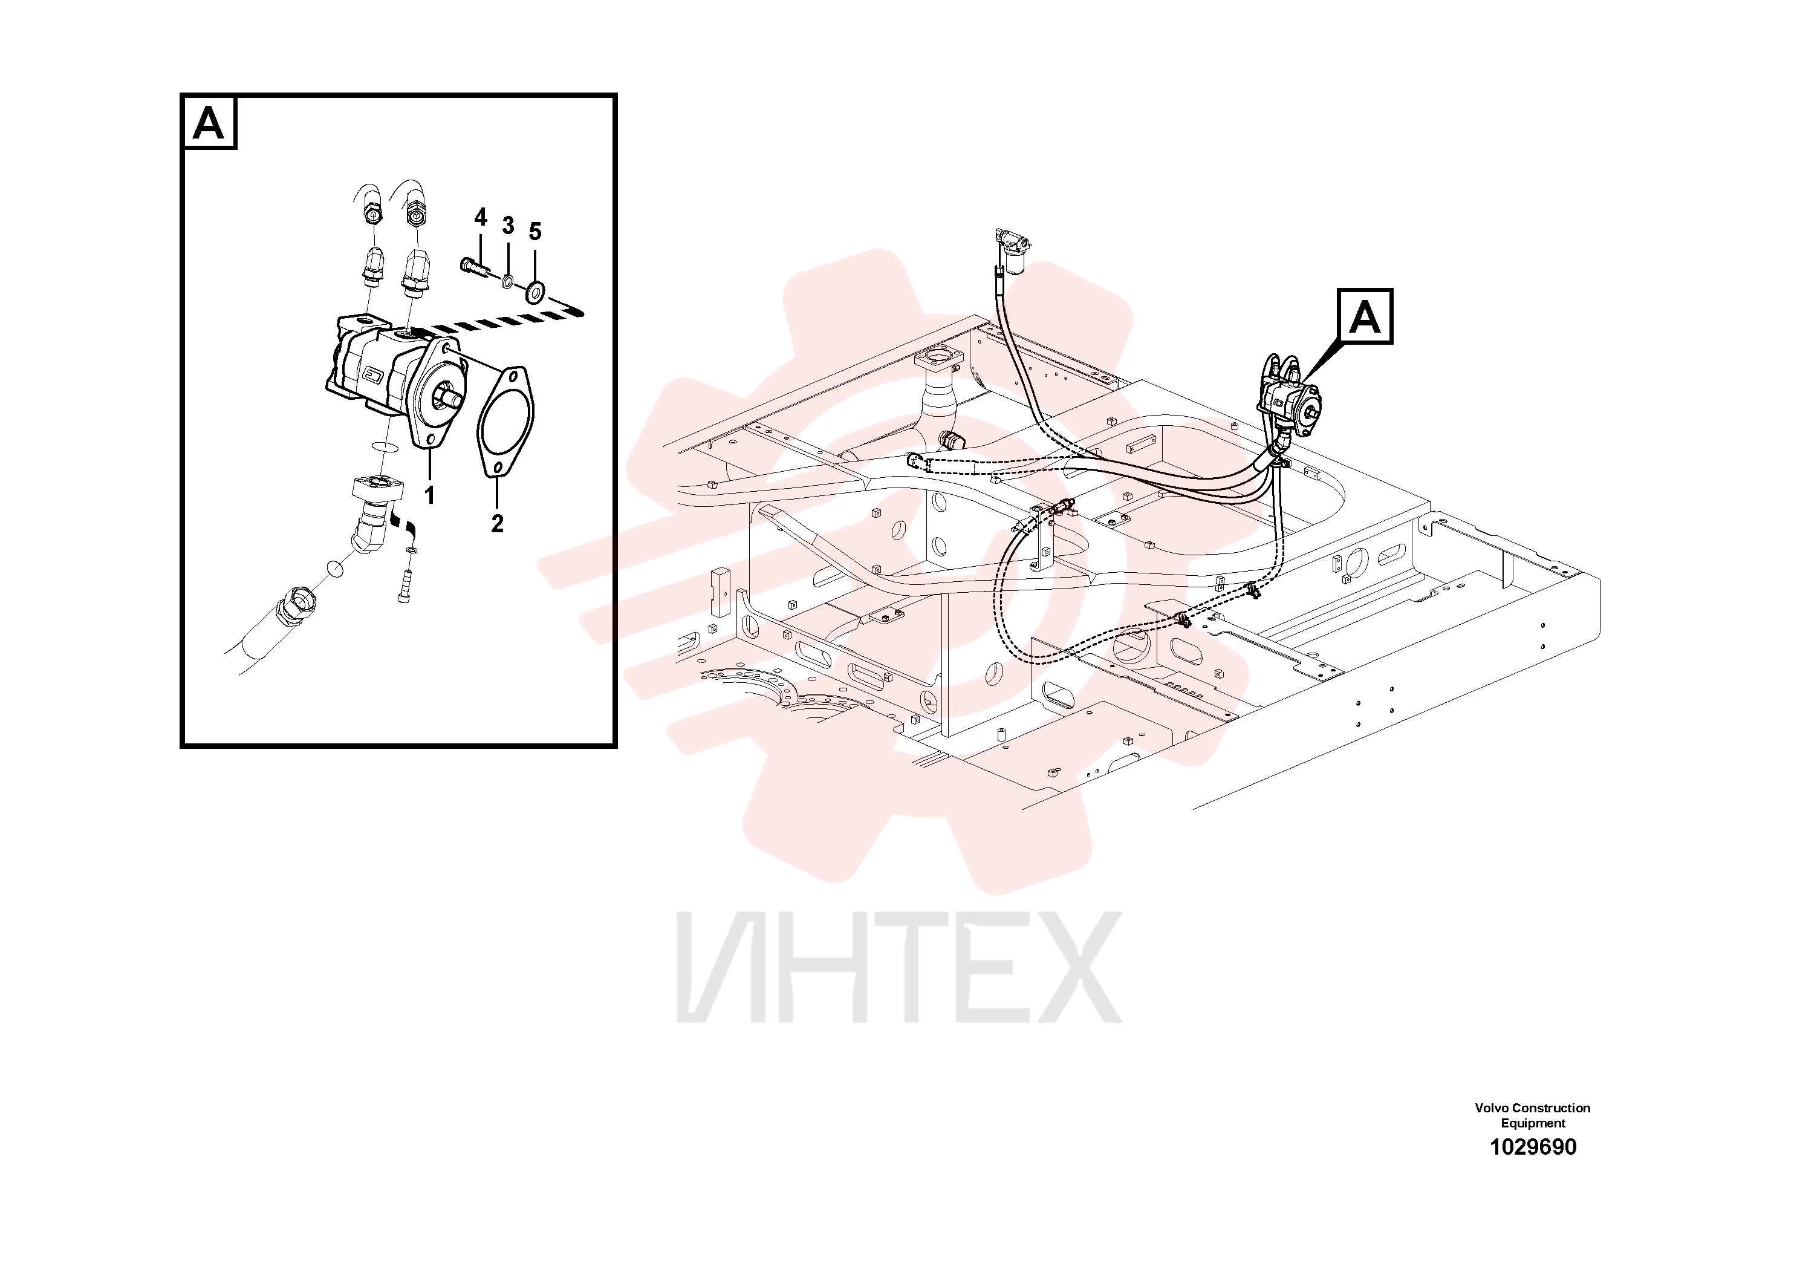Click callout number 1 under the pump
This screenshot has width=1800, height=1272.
430,495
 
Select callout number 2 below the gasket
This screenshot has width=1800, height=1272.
497,524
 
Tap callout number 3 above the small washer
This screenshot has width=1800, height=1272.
508,226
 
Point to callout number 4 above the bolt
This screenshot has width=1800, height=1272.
481,217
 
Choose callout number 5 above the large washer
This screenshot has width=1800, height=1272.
534,231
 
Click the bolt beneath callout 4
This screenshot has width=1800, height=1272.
476,268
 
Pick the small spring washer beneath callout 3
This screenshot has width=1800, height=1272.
508,281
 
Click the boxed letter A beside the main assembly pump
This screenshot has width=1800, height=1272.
1365,316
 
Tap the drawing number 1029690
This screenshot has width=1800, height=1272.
1533,1147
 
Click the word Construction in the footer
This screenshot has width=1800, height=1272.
1551,1108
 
